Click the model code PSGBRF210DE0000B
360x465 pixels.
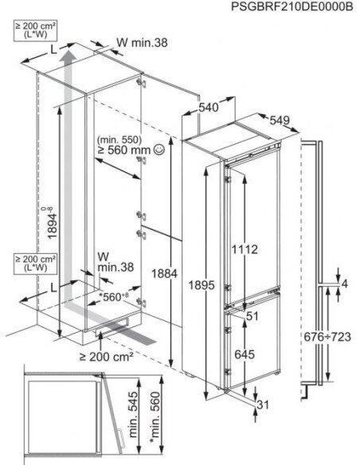click(292, 6)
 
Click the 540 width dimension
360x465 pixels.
click(209, 107)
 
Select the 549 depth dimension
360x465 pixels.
click(280, 119)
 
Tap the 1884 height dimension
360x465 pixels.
click(164, 274)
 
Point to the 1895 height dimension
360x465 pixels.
click(202, 285)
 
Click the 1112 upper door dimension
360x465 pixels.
click(245, 250)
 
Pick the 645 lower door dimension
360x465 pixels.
click(245, 354)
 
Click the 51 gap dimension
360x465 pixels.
click(252, 316)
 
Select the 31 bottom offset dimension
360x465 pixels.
click(263, 404)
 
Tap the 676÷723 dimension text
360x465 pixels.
click(327, 337)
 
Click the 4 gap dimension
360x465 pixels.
click(345, 283)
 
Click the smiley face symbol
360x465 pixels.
click(159, 150)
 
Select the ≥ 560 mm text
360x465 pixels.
click(124, 150)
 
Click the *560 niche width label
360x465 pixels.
click(114, 296)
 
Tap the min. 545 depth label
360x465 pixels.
click(133, 415)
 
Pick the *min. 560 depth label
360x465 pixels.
click(155, 417)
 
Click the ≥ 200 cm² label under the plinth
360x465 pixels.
click(106, 357)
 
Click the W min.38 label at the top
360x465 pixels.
click(142, 43)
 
